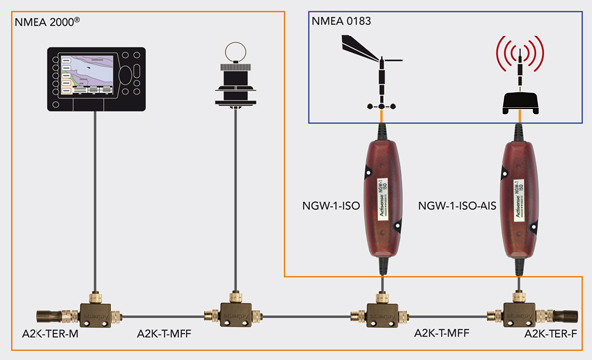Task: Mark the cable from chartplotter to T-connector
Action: click(94, 197)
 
